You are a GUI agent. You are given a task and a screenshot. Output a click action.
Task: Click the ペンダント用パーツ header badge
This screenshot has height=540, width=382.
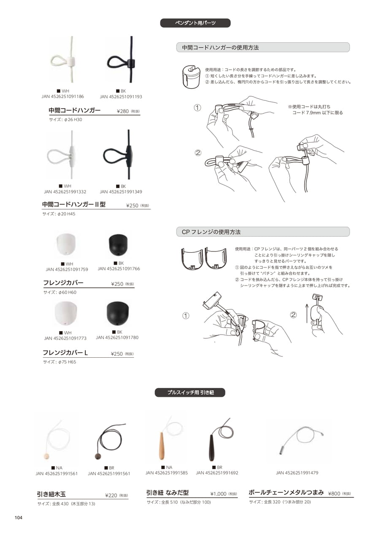coord(195,23)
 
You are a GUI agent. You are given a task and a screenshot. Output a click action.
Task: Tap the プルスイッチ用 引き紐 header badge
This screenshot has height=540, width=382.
coord(190,392)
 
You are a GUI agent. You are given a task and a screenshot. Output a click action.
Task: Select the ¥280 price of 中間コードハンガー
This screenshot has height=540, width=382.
coord(123,111)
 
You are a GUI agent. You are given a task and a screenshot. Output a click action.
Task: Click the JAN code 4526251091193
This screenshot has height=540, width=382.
coord(121,97)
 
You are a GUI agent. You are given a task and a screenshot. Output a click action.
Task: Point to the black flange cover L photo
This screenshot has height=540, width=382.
coord(117,313)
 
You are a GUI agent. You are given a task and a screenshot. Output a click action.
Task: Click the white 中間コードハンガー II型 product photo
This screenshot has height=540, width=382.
coord(63,154)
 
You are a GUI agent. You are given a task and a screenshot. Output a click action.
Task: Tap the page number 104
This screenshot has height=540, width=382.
coord(19,518)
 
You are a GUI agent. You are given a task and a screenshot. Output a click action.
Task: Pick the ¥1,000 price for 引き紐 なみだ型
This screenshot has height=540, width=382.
coord(218,494)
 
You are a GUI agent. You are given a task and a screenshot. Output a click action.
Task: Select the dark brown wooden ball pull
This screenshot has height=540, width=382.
coord(98,456)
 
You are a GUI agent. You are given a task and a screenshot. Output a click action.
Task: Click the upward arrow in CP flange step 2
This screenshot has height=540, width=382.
coord(307,313)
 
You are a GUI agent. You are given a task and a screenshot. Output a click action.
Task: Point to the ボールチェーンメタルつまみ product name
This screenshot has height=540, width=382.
coord(286,492)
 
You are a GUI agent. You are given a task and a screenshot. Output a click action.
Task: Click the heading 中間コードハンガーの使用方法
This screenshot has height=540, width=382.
coord(220,48)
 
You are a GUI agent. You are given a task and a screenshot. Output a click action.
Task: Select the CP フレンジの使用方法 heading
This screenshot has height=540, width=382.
coord(211,232)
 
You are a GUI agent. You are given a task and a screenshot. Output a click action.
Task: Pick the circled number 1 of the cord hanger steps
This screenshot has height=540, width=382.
coord(198,108)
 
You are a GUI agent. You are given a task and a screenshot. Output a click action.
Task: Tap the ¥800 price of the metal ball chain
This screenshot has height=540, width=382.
coord(334,493)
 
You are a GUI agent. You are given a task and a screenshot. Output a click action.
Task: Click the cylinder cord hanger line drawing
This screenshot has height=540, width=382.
coord(191,77)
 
